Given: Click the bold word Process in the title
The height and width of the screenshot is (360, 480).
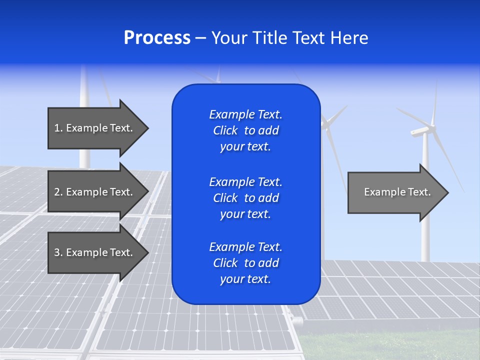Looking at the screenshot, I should point(157,38).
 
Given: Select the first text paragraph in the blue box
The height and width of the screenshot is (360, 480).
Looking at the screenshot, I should point(245,130).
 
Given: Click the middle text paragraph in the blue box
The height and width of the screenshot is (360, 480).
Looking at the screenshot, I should point(245,198).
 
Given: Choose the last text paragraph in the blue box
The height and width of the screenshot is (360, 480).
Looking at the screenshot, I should point(245,263).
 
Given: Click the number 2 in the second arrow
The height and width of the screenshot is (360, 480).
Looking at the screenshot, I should point(57,192).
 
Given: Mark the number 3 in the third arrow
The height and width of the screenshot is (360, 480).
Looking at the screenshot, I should point(57,252).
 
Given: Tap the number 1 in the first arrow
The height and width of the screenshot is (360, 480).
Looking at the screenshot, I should point(56,128).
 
